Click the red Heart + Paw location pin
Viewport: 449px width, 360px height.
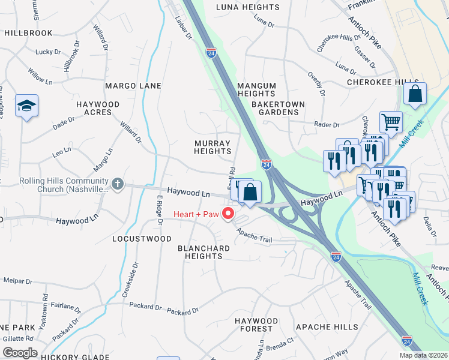coord(228,214)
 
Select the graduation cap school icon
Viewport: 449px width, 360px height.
coord(26,106)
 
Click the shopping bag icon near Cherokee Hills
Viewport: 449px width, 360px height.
coord(415,94)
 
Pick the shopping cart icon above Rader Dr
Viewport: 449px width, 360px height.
coord(391,122)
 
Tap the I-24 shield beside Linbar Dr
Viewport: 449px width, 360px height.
coord(211,53)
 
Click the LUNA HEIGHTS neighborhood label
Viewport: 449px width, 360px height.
coord(247,7)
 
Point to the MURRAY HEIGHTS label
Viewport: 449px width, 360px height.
coord(212,148)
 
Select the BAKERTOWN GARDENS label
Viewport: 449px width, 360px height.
coord(278,108)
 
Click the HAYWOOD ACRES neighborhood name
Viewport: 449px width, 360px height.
coord(97,108)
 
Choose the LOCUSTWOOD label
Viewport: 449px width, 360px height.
coord(142,239)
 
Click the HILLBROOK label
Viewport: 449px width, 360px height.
coord(28,33)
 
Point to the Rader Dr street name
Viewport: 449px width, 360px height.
coord(327,125)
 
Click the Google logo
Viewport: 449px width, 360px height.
coord(20,353)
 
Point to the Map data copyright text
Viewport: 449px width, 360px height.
coord(423,355)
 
